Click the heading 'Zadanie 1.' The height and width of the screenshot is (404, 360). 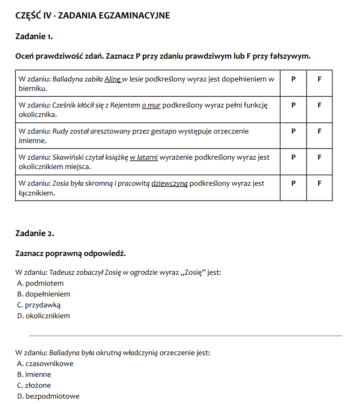point(34,36)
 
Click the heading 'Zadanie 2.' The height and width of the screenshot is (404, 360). point(35,233)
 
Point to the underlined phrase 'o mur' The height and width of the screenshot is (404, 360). point(151,105)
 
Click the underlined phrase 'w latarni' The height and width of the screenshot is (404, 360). point(144,157)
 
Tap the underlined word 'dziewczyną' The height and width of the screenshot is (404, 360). point(169,184)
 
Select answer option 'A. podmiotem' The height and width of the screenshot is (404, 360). point(40,283)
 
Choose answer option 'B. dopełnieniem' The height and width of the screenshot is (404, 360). point(43,294)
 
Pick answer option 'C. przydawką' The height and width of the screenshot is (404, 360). point(39,305)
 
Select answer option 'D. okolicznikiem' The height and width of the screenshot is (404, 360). point(43,316)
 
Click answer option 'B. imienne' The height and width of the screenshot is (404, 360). point(34,375)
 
